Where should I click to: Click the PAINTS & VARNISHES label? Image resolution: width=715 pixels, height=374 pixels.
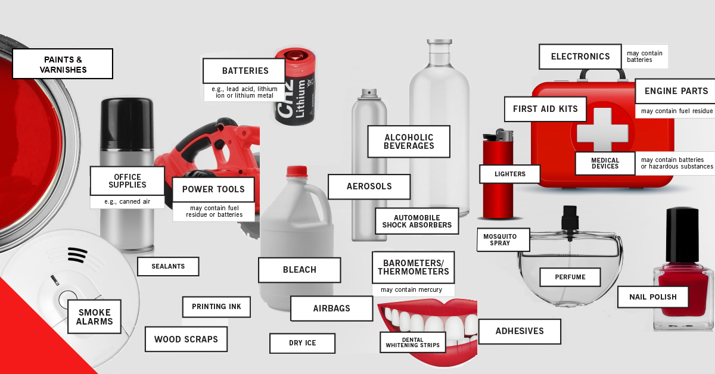click(x=63, y=64)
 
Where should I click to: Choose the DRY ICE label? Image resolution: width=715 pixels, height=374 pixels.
click(x=302, y=343)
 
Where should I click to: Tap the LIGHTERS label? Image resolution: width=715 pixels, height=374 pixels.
click(x=509, y=174)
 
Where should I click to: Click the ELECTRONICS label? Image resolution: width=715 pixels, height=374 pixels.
click(x=580, y=57)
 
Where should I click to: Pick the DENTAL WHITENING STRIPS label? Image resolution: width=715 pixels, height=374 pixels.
click(x=412, y=342)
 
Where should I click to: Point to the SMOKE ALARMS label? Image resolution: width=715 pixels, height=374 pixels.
click(x=94, y=317)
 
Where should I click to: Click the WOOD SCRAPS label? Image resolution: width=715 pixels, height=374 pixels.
click(x=186, y=339)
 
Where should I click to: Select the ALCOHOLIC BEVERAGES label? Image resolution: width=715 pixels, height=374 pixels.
click(x=409, y=142)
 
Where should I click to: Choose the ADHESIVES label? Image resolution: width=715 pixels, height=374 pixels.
click(x=520, y=331)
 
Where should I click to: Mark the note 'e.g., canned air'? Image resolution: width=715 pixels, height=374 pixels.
click(x=127, y=202)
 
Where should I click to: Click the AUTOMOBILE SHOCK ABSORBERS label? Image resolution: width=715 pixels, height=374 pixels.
click(x=416, y=222)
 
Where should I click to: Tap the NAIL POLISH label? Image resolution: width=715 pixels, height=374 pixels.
click(x=652, y=297)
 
